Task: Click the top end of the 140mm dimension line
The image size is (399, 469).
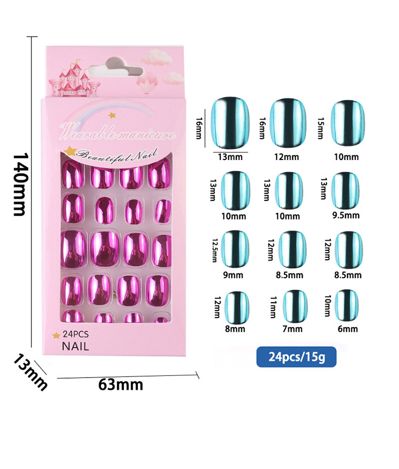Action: pos(31,37)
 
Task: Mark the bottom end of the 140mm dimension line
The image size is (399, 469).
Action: pos(31,347)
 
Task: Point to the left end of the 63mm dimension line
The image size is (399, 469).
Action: pos(57,379)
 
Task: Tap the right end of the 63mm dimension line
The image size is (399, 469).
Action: pos(197,375)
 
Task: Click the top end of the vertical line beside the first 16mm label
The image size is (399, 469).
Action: pos(205,109)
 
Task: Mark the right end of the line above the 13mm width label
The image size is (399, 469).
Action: pos(248,152)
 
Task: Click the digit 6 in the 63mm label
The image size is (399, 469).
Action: pos(103,384)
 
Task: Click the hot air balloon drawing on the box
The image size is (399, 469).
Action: pos(147,82)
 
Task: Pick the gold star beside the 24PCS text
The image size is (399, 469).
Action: pos(56,336)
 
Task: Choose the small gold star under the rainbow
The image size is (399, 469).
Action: pos(112,115)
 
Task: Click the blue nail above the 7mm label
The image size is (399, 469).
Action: pos(295,306)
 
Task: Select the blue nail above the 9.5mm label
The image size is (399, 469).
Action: pos(346,191)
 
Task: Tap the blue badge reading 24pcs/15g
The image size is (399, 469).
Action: pos(296,357)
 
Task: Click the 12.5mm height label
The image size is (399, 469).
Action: pos(214,250)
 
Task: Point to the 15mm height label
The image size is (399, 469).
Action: pos(320,128)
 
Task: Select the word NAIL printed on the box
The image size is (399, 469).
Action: pos(76,347)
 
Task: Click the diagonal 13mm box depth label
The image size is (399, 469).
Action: pos(30,372)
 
